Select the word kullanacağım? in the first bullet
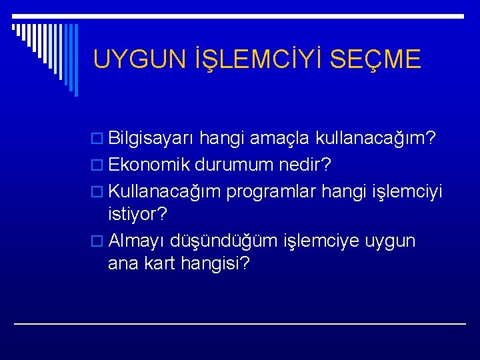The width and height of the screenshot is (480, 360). pos(377,139)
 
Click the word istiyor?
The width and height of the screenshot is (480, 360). pos(139,214)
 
